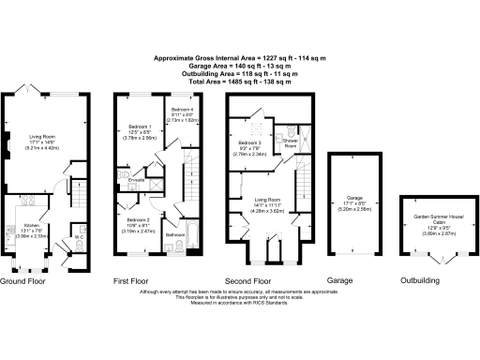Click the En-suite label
[x=137, y=180]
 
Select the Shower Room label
[x=291, y=145]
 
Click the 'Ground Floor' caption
[x=24, y=280]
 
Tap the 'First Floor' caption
[x=133, y=280]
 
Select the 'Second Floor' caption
[x=249, y=280]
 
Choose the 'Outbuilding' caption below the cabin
[x=421, y=280]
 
